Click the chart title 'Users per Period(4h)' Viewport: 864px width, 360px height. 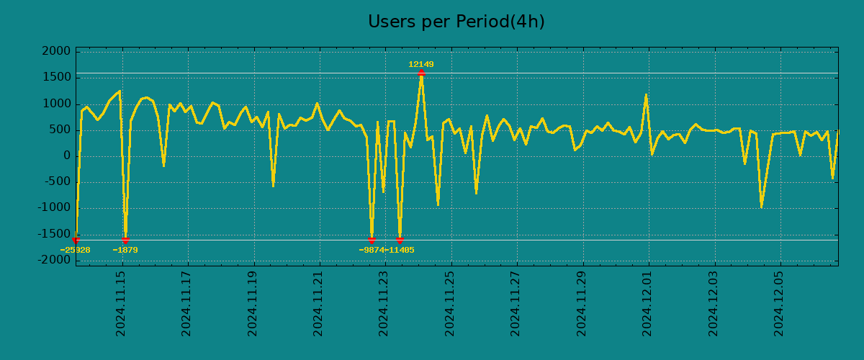[x=456, y=22]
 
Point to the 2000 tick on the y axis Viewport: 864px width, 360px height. [x=57, y=52]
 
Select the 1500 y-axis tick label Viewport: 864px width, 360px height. [x=57, y=78]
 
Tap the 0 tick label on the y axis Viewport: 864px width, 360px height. [x=66, y=156]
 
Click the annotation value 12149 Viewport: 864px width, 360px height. [x=421, y=65]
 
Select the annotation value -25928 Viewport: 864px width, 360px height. [x=75, y=251]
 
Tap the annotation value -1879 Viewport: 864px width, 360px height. [x=125, y=251]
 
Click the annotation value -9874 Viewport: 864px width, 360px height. [x=372, y=251]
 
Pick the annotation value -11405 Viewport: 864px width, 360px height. [x=400, y=251]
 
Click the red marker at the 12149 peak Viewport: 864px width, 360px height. [x=421, y=73]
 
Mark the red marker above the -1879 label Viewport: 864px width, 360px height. [x=125, y=240]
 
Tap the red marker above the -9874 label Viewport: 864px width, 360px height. [x=372, y=240]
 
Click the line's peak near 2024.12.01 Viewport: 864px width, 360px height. [x=646, y=94]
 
